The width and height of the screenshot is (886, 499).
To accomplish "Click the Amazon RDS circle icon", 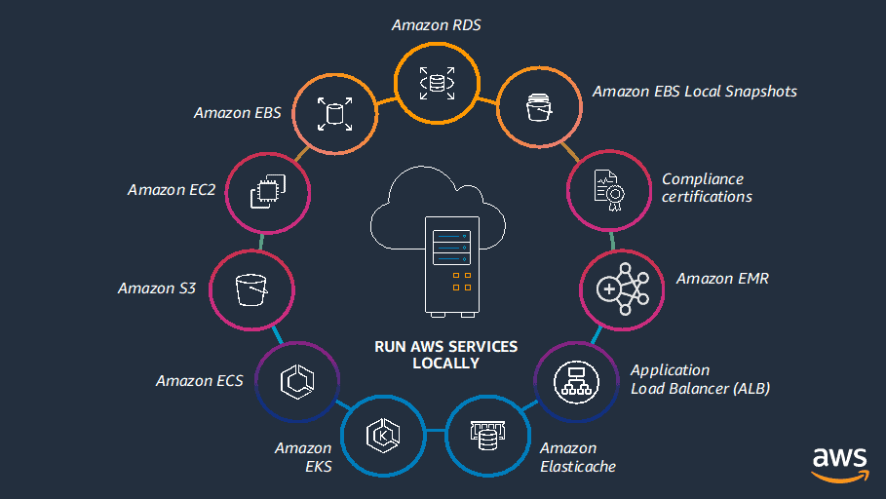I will (437, 83).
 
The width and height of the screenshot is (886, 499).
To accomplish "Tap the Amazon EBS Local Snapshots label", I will (694, 92).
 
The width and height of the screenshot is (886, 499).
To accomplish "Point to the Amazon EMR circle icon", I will (622, 289).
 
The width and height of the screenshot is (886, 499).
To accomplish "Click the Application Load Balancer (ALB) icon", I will (575, 381).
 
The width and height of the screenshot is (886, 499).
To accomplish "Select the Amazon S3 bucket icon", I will (251, 288).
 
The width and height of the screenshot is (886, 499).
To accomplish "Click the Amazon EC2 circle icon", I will (267, 190).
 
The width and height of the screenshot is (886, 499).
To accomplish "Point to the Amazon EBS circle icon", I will (335, 113).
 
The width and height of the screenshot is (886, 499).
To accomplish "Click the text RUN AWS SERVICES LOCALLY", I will (445, 355).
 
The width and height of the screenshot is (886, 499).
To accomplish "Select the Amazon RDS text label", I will (437, 25).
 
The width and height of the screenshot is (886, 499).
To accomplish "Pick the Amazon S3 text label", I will (157, 288).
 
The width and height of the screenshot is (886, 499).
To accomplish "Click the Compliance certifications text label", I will (707, 188).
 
